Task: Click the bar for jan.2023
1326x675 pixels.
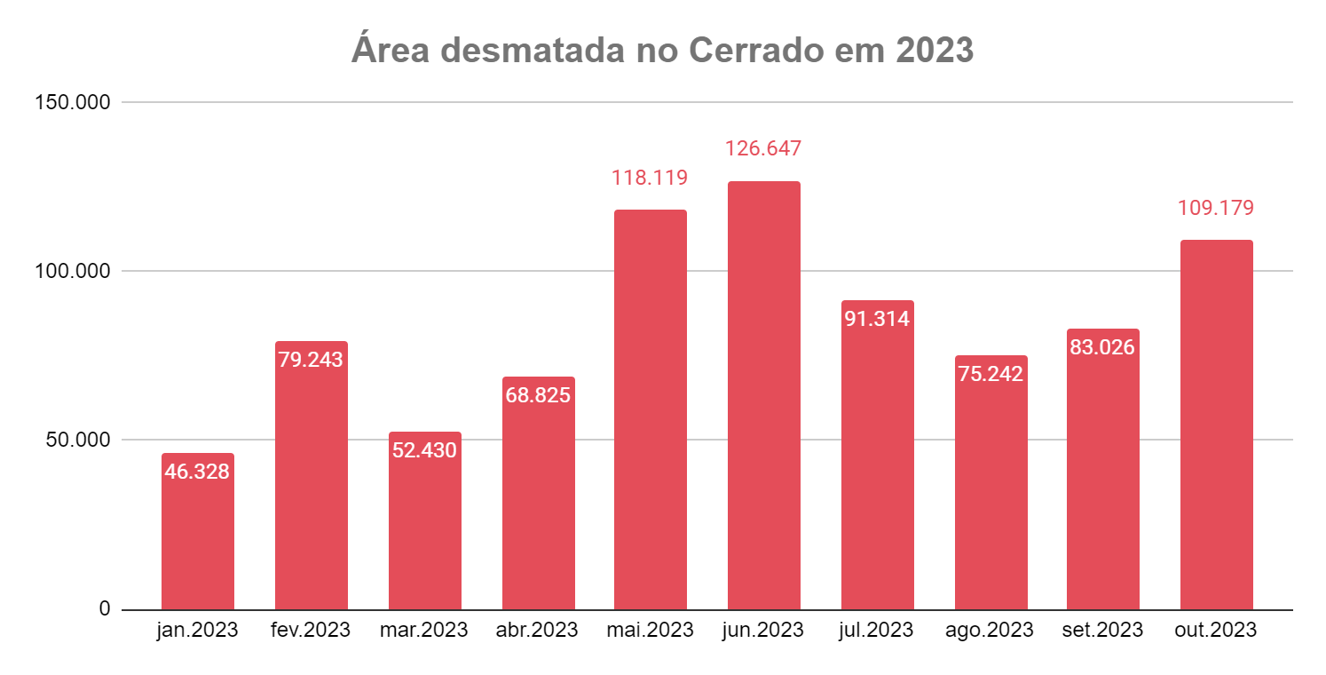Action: coord(197,542)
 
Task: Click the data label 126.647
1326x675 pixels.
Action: coord(763,147)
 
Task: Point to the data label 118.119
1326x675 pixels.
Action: coord(650,178)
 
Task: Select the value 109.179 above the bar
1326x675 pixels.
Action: coord(1216,208)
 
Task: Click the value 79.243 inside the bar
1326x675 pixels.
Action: coord(311,360)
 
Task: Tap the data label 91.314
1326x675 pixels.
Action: coord(877,319)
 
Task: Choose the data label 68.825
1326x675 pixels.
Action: coord(538,395)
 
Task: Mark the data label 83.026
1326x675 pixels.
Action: coord(1102,347)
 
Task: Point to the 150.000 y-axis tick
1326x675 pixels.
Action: coord(73,103)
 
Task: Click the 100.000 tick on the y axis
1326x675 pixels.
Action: coord(73,272)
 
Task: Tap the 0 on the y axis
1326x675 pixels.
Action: coord(105,609)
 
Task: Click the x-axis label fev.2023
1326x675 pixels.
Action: coord(311,631)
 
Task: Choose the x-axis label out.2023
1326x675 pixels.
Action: coord(1216,631)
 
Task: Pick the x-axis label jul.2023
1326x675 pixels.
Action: coord(877,631)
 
